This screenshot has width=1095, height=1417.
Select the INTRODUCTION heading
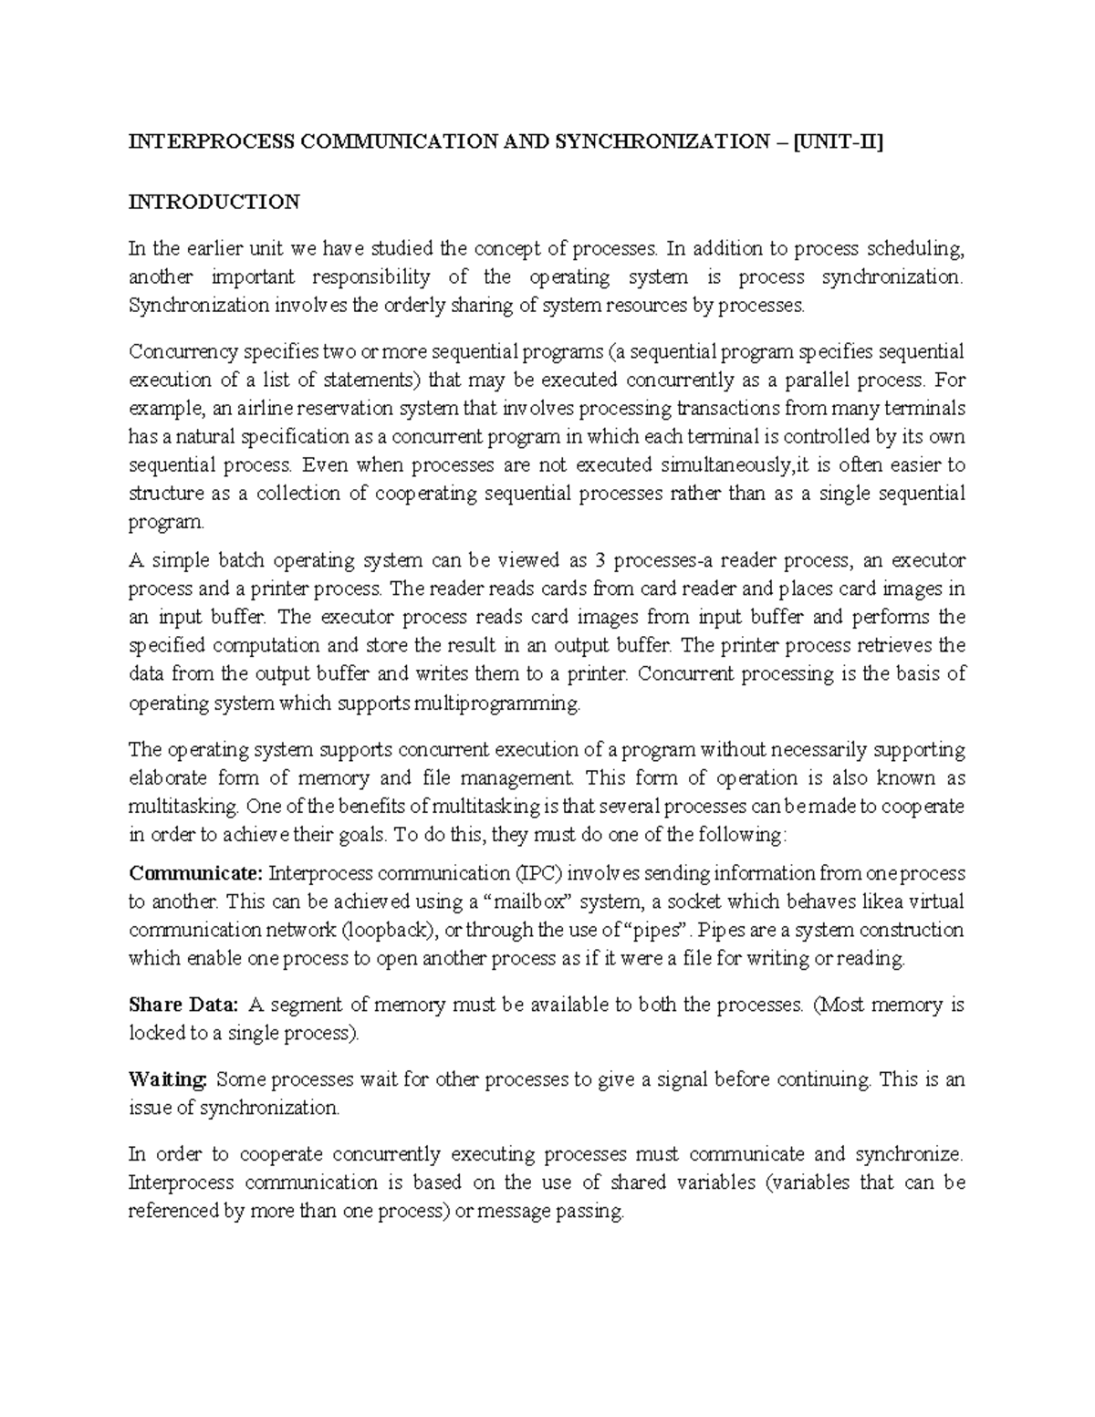pyautogui.click(x=214, y=202)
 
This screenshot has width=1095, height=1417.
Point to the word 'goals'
pyautogui.click(x=364, y=835)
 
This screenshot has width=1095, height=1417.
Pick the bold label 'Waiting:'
pyautogui.click(x=169, y=1079)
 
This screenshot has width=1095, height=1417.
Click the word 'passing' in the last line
pyautogui.click(x=590, y=1212)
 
